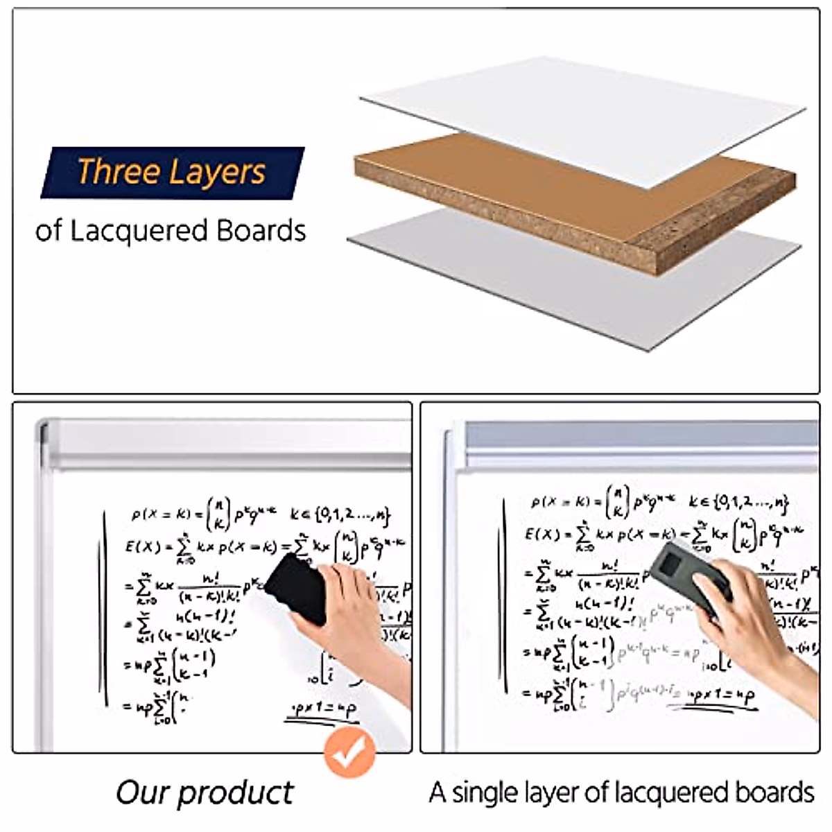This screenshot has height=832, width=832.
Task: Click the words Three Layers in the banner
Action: [x=171, y=171]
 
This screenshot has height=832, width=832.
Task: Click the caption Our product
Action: [x=205, y=792]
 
